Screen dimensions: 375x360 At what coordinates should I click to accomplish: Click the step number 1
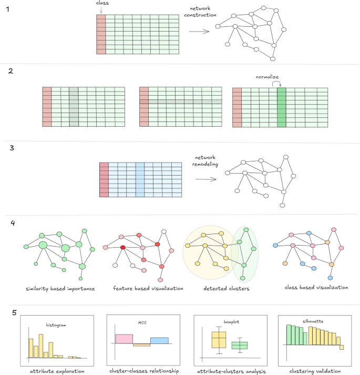(x=7, y=10)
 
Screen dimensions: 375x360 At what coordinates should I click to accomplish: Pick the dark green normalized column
(x=281, y=108)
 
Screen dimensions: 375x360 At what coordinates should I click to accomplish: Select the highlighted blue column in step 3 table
(x=139, y=180)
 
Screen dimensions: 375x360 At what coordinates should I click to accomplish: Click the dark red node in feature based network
(x=122, y=247)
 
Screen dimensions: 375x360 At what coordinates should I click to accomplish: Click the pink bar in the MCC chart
(x=125, y=339)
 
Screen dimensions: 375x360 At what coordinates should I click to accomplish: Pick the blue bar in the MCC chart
(x=159, y=340)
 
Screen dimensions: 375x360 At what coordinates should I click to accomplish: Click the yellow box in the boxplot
(x=218, y=339)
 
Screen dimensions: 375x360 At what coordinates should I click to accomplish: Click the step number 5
(x=15, y=312)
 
